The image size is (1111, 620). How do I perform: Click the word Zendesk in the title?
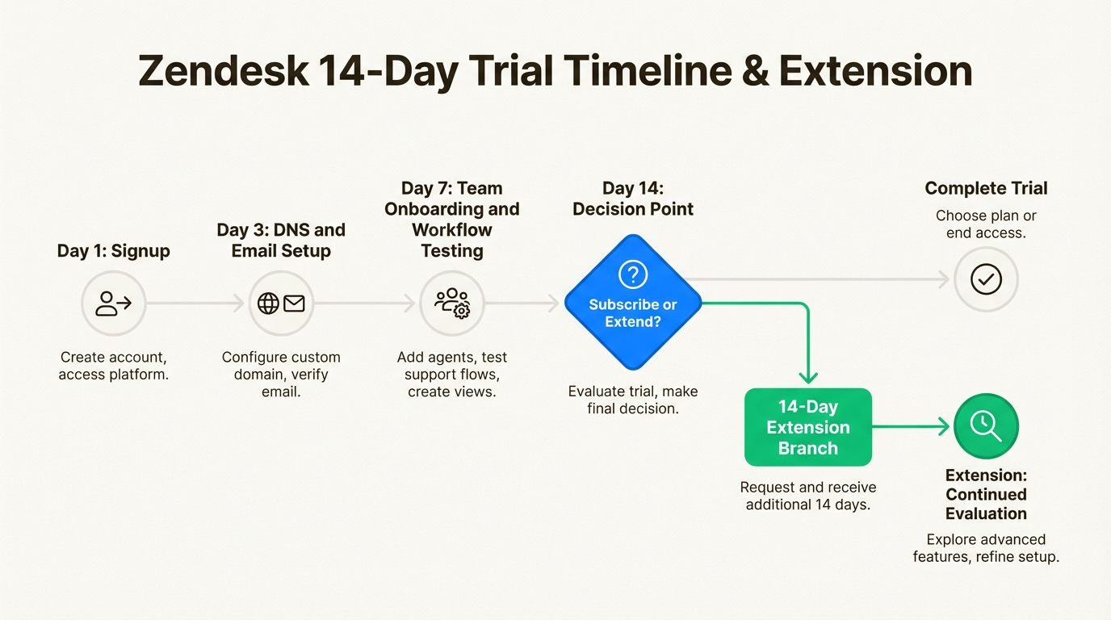click(x=224, y=71)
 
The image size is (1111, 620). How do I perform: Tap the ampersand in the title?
click(x=755, y=71)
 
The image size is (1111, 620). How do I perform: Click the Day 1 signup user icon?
click(x=114, y=303)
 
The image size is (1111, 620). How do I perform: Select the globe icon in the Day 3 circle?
click(x=268, y=303)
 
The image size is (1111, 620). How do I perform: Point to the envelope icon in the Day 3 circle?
click(x=294, y=303)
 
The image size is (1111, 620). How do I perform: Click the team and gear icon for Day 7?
click(x=452, y=303)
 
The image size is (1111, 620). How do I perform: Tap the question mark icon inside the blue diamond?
click(x=633, y=274)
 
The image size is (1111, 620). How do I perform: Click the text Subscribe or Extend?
click(x=633, y=313)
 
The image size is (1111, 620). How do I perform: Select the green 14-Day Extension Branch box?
click(x=808, y=427)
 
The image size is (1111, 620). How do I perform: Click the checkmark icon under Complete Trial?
click(x=986, y=279)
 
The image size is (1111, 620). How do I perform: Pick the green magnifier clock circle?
click(x=986, y=426)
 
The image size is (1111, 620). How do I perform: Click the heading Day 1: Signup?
click(x=114, y=250)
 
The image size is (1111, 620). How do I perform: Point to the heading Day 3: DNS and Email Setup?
click(x=281, y=240)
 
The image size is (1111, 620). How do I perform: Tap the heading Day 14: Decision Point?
click(x=633, y=199)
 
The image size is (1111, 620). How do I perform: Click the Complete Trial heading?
click(x=986, y=188)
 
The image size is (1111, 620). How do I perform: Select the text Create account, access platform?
click(x=114, y=366)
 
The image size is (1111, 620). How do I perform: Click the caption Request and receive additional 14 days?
click(x=808, y=496)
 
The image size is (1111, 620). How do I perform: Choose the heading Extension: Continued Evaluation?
click(x=986, y=494)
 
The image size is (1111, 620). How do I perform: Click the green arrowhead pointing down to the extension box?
click(x=808, y=378)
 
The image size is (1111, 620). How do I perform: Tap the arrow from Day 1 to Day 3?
click(x=195, y=303)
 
